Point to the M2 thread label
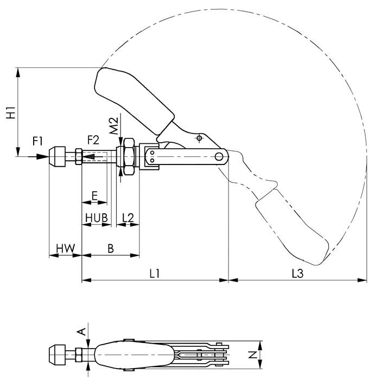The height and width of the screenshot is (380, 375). pos(113,126)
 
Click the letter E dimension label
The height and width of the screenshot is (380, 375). pos(94,195)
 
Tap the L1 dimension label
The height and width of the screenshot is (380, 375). pos(154,274)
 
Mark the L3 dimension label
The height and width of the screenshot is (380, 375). pos(297,274)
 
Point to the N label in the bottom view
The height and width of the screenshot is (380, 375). pos(252,356)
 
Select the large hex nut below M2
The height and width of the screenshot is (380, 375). pos(128,157)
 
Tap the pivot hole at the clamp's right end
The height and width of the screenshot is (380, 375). pos(219,157)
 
